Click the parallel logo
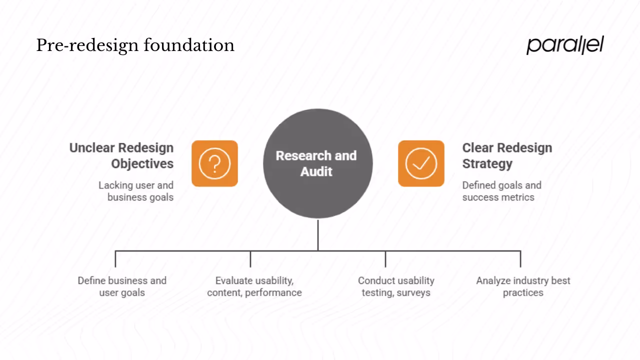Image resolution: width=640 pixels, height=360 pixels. tap(565, 45)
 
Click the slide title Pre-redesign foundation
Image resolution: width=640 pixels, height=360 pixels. tap(135, 45)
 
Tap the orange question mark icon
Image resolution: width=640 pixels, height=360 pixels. tap(214, 163)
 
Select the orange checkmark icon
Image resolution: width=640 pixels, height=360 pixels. tap(421, 163)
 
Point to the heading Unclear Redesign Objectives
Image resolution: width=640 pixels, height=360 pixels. tap(121, 155)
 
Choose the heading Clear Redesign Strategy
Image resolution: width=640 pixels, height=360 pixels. tap(507, 155)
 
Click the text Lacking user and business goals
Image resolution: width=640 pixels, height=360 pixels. tap(136, 191)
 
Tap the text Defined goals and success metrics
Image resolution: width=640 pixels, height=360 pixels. tap(501, 191)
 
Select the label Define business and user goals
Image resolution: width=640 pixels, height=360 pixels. tap(122, 286)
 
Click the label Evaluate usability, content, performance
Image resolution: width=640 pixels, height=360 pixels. tap(254, 286)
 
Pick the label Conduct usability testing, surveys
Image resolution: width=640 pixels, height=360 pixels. tap(396, 286)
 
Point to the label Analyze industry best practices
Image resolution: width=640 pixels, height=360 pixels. tap(523, 286)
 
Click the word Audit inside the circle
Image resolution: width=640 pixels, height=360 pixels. tap(316, 171)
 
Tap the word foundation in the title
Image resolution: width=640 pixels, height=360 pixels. tap(189, 45)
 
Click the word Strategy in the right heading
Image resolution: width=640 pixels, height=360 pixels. tap(487, 163)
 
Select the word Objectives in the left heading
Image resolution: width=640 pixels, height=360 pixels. tap(142, 163)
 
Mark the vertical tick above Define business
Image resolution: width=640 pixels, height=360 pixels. tap(115, 259)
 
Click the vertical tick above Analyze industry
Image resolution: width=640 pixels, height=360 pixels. tap(520, 259)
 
